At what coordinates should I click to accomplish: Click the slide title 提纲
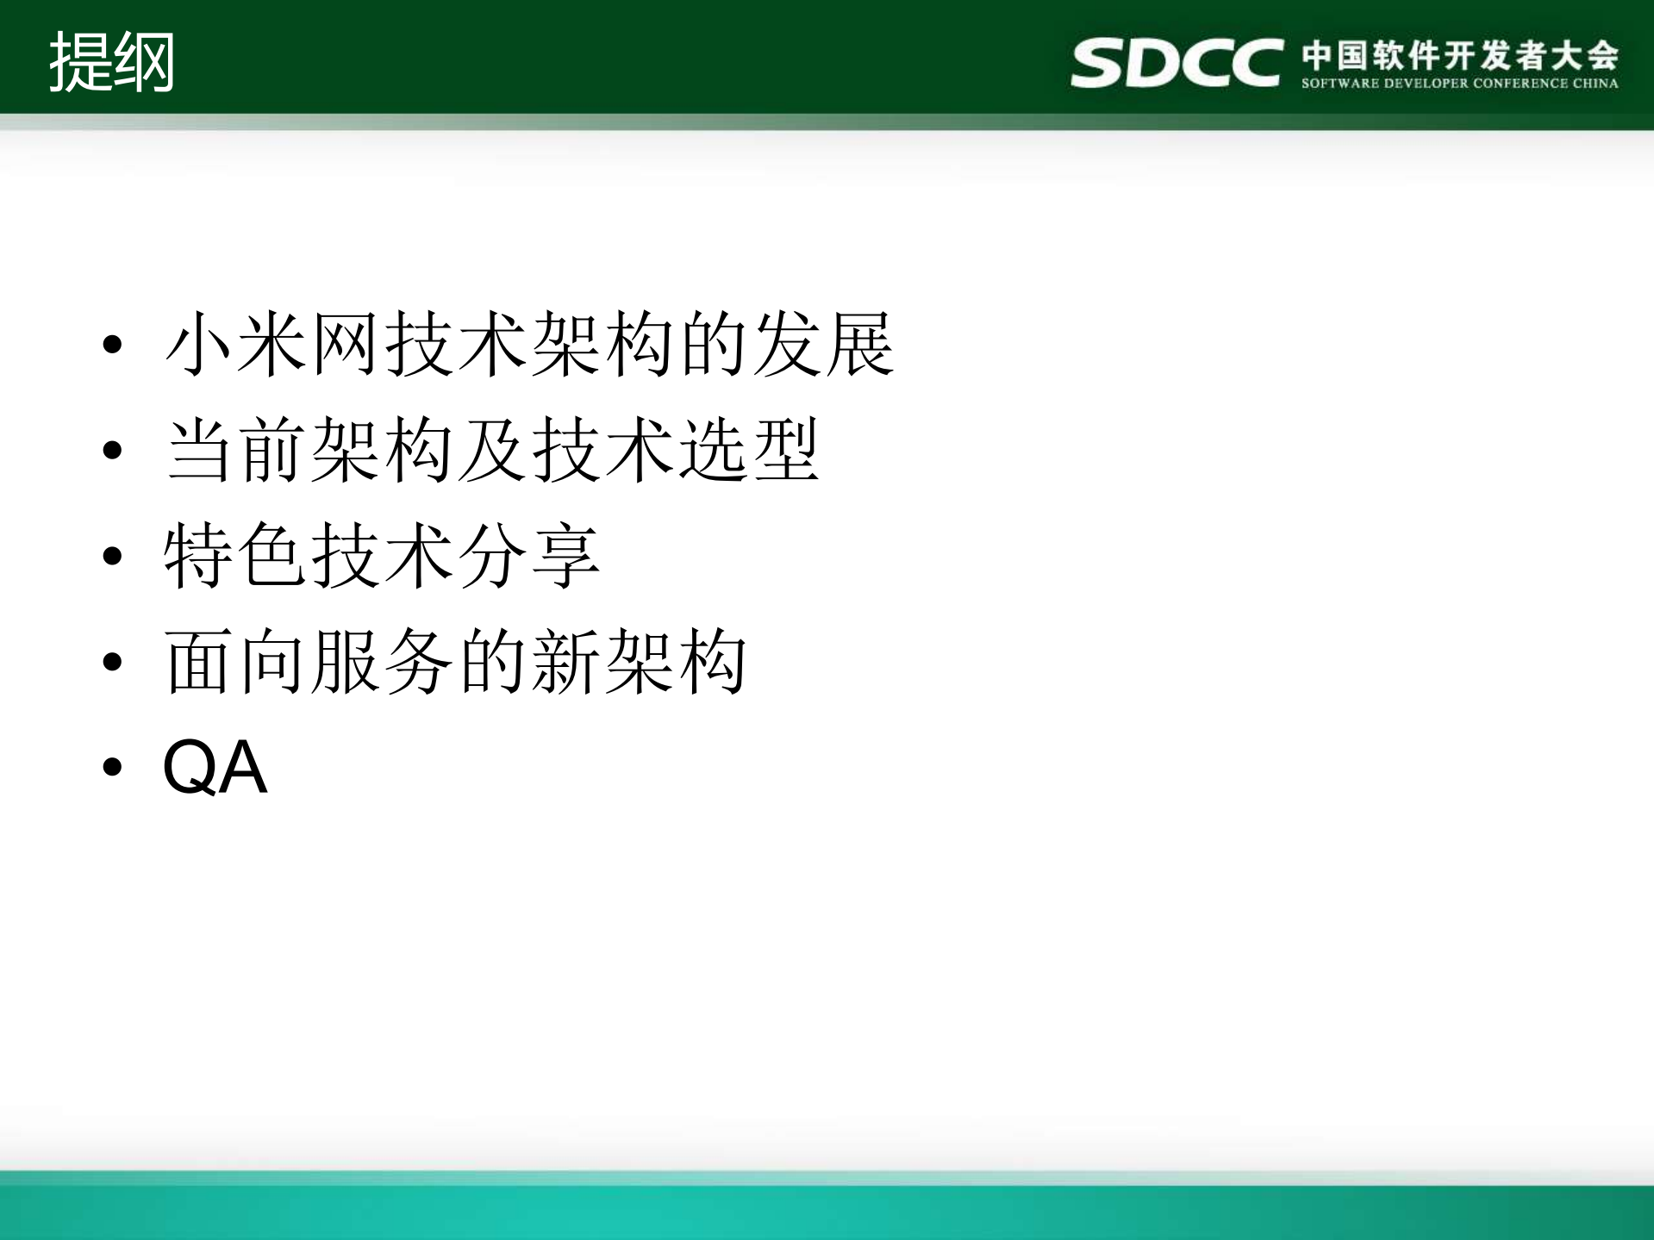click(112, 62)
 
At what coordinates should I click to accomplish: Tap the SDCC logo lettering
click(1176, 63)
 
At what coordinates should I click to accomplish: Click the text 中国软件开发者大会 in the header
click(1460, 55)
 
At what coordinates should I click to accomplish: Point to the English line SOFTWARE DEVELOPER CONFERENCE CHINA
click(1459, 84)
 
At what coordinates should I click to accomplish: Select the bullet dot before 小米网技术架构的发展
click(113, 345)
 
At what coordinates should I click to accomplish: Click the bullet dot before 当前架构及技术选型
click(113, 450)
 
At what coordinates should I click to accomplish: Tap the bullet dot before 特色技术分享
click(113, 556)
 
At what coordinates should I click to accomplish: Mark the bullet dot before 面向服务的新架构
click(113, 662)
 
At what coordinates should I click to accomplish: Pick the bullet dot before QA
click(113, 766)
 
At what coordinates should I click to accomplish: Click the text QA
click(215, 767)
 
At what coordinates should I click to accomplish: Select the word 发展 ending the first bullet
click(823, 345)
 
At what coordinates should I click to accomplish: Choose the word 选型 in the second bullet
click(748, 450)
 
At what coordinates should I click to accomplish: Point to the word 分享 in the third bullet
click(528, 556)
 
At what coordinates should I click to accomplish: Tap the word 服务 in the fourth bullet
click(382, 662)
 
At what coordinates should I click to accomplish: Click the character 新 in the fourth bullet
click(565, 662)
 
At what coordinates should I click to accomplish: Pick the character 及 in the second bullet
click(492, 450)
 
